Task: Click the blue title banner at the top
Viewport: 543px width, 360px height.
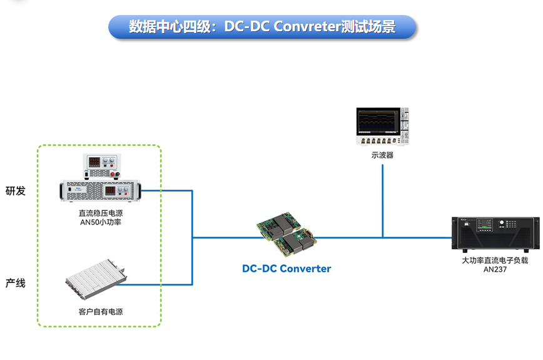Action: click(262, 27)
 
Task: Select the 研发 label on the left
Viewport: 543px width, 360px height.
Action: click(16, 191)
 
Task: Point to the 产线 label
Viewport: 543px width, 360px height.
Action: click(16, 283)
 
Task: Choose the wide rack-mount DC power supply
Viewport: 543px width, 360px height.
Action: click(101, 190)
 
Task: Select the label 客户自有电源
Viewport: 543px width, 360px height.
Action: click(96, 311)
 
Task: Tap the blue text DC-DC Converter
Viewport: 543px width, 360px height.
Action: click(287, 269)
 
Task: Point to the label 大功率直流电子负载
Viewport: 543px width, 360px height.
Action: click(495, 260)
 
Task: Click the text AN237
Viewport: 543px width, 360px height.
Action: click(495, 270)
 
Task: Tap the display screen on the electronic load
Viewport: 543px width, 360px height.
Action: click(484, 224)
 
